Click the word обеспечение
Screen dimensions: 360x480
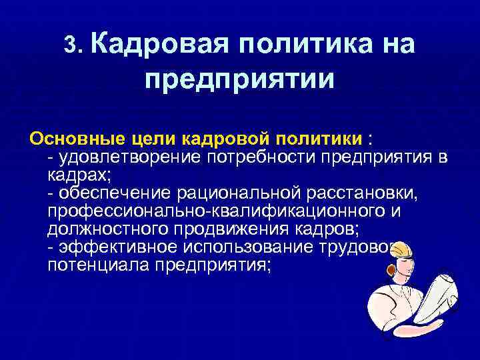tap(115, 193)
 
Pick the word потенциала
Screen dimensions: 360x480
tap(99, 265)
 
